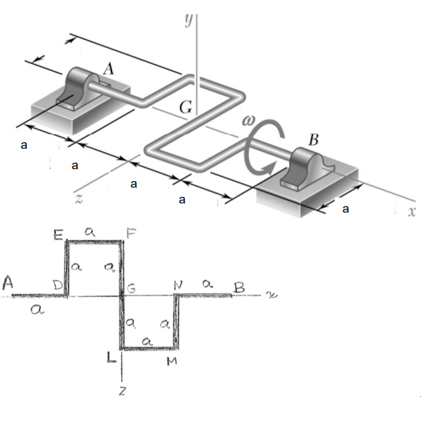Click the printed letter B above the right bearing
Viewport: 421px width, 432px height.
[x=314, y=140]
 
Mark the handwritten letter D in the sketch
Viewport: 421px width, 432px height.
[x=59, y=286]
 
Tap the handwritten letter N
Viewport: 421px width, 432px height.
[x=178, y=285]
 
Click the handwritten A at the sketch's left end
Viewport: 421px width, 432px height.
[x=9, y=283]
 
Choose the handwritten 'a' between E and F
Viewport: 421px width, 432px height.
[x=92, y=232]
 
